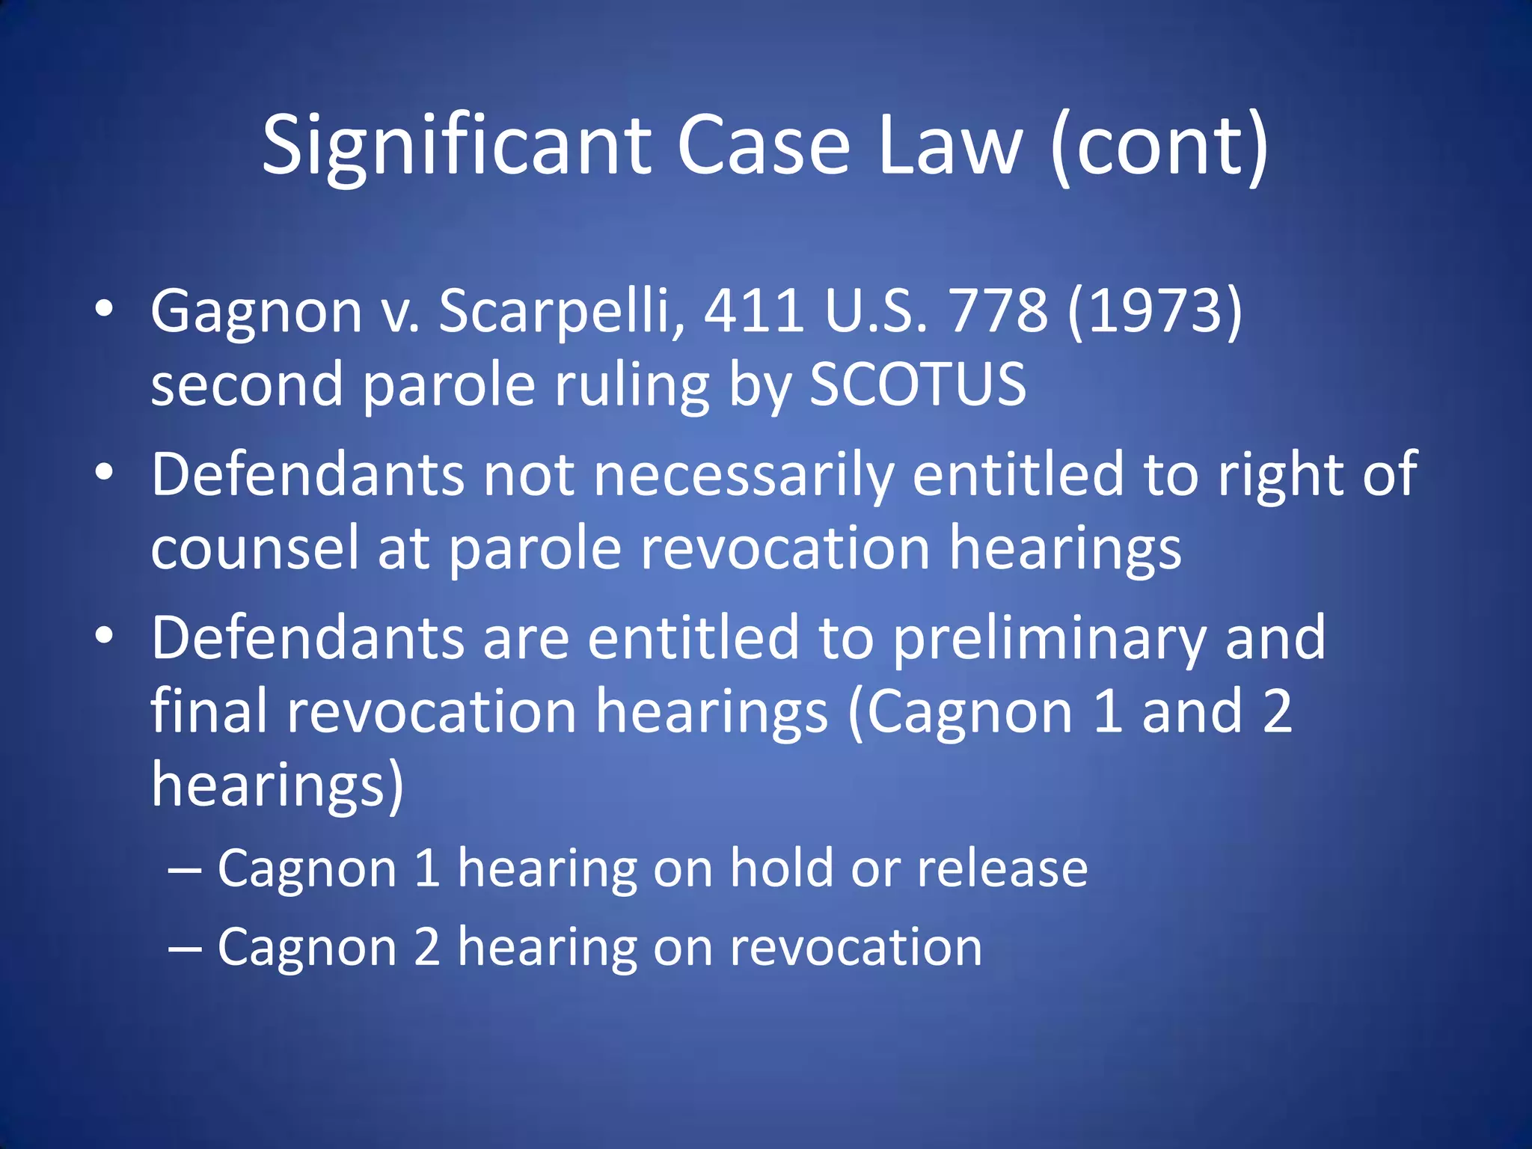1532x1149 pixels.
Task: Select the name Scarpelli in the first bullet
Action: point(561,311)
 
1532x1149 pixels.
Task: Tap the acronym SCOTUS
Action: point(918,384)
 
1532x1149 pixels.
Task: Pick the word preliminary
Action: point(1049,639)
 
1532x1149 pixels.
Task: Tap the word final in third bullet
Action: point(209,711)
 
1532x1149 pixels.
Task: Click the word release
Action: point(1002,869)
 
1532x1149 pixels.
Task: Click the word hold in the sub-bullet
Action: point(781,869)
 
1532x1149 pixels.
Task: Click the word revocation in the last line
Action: point(856,948)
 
